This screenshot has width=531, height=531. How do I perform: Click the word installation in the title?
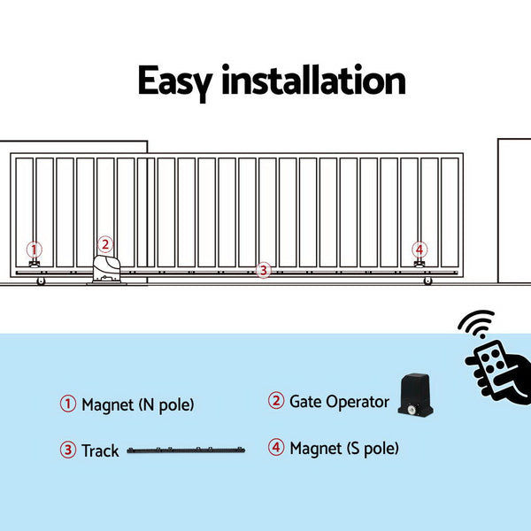pos(313,81)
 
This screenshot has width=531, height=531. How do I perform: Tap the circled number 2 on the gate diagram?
pos(104,244)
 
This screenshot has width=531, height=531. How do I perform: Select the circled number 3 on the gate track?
pos(262,271)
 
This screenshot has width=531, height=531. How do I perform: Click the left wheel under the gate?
pos(41,281)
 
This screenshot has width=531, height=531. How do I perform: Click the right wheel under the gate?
pos(427,281)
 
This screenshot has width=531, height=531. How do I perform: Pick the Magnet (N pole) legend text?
pos(137,405)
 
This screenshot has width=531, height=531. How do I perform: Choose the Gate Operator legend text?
pos(339,402)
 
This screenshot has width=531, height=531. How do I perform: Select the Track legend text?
pos(100,451)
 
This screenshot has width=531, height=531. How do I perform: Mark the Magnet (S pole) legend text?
pos(344,449)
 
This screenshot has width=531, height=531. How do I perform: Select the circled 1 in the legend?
pos(68,404)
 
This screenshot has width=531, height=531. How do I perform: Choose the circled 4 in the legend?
pos(277,448)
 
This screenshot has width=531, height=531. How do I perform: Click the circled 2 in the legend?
pos(276,401)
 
